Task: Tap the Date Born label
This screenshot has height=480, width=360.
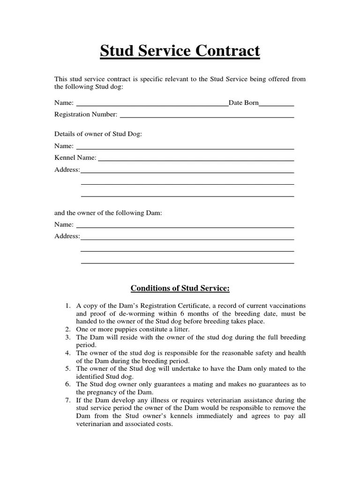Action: pyautogui.click(x=243, y=103)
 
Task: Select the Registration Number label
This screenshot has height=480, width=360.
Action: pyautogui.click(x=86, y=114)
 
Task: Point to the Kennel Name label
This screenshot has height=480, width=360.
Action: pyautogui.click(x=75, y=158)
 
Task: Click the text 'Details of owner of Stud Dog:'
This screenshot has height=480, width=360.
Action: pyautogui.click(x=98, y=134)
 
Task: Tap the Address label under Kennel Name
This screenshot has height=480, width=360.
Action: pyautogui.click(x=67, y=170)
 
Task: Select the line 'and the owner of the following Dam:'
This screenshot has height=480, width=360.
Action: pyautogui.click(x=108, y=213)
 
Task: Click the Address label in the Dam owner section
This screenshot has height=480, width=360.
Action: pyautogui.click(x=67, y=236)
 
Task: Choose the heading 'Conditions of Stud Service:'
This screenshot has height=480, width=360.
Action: pyautogui.click(x=180, y=287)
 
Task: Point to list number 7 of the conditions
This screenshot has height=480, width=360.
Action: pyautogui.click(x=67, y=400)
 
